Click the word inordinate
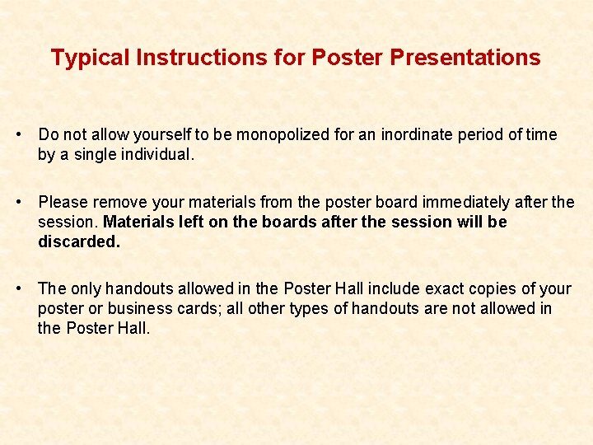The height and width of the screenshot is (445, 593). pos(415,134)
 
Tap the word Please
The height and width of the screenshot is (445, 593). pos(63,202)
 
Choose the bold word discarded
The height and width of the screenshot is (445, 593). pos(79,241)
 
